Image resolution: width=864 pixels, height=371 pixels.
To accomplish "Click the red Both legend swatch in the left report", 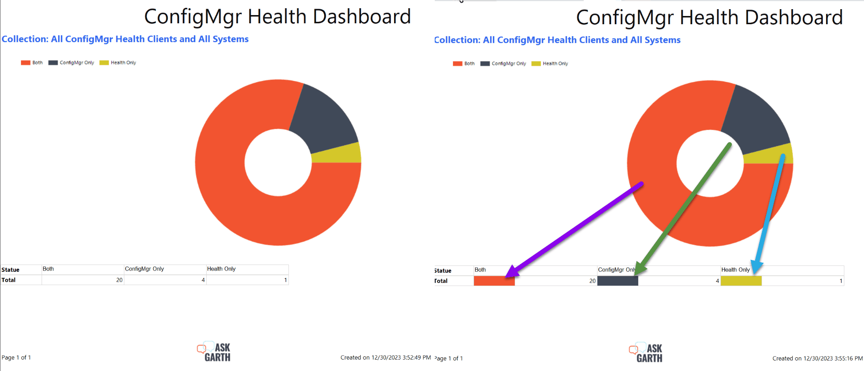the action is [x=26, y=63].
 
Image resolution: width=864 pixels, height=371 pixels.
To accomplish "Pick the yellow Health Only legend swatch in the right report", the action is [x=536, y=64].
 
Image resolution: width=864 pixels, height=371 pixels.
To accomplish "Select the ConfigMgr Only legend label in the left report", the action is [x=77, y=63].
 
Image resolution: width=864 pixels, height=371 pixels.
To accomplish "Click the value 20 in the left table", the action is [x=119, y=280].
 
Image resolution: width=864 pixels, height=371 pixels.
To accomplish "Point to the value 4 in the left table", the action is [x=203, y=280].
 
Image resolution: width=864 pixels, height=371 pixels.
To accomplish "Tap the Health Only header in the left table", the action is [x=221, y=269].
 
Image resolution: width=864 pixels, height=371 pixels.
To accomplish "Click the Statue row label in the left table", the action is [x=11, y=270].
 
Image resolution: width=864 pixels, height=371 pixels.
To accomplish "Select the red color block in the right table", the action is [x=494, y=281].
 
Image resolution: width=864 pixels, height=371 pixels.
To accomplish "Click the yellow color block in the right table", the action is [x=741, y=281].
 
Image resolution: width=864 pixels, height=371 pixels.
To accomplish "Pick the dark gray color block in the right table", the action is [x=618, y=281].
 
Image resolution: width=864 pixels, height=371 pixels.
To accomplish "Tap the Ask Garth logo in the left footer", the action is [x=214, y=352].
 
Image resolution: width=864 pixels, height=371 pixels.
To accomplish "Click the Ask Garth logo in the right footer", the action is [x=646, y=353].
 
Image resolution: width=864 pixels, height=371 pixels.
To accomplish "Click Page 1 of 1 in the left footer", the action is [x=16, y=358].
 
